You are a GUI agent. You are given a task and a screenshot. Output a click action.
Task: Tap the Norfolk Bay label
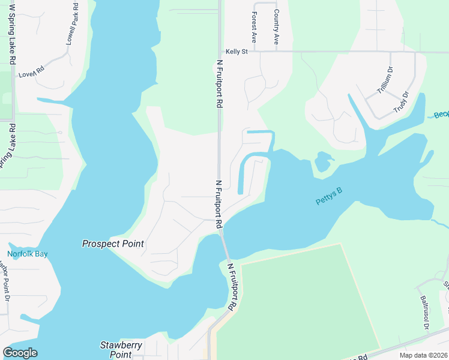pyautogui.click(x=28, y=254)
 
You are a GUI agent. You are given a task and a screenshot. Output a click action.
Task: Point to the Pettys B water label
pyautogui.click(x=328, y=196)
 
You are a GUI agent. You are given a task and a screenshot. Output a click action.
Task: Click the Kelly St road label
pyautogui.click(x=237, y=52)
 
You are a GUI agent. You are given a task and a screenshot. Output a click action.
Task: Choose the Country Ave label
pyautogui.click(x=276, y=27)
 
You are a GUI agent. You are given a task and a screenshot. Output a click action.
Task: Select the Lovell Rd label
pyautogui.click(x=32, y=73)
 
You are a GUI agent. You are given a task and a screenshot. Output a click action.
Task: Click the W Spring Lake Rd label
pyautogui.click(x=11, y=33)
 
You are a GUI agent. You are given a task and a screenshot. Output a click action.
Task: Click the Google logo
pyautogui.click(x=20, y=353)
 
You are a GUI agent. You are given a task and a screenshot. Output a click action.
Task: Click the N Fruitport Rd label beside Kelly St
pyautogui.click(x=220, y=83)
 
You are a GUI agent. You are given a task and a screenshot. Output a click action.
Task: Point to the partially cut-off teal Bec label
pyautogui.click(x=441, y=114)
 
